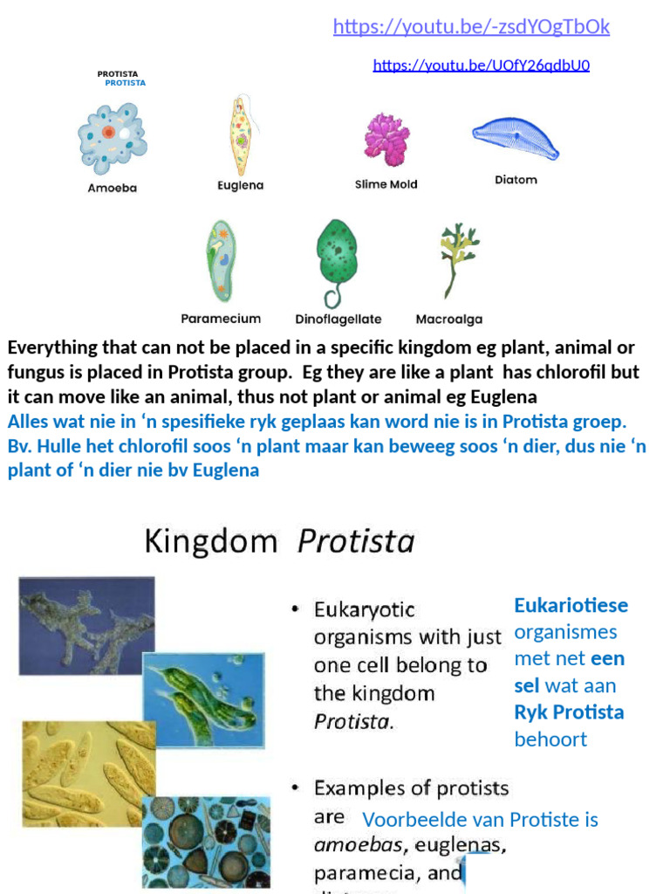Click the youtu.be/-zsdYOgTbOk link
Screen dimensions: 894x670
[471, 27]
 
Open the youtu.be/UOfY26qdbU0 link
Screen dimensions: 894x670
[481, 65]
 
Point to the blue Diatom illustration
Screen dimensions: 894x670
[516, 139]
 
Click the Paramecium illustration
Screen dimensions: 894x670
[220, 261]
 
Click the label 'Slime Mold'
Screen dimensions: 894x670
[386, 184]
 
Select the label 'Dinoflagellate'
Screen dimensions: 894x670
[338, 320]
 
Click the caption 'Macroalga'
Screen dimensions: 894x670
[448, 320]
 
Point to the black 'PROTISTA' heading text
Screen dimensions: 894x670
[117, 73]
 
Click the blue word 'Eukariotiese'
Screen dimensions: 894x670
[571, 605]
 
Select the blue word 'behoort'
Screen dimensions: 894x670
[550, 739]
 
